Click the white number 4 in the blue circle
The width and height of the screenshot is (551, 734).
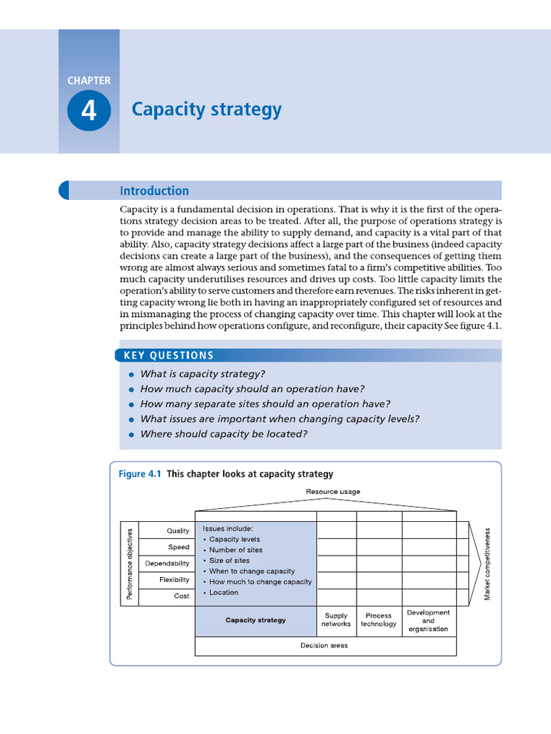89,111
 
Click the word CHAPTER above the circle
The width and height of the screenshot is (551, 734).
89,80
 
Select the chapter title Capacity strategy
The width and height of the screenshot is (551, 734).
207,110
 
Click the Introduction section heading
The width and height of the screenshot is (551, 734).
154,191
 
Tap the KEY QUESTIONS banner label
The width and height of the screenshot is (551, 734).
169,356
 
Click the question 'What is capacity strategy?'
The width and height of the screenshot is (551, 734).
202,374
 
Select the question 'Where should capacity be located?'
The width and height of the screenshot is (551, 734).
223,434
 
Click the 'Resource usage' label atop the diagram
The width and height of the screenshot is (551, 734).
333,492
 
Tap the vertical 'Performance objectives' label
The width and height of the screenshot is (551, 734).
130,563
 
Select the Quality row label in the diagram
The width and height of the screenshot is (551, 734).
178,531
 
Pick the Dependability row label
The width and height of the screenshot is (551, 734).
167,563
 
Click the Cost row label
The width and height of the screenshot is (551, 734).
182,596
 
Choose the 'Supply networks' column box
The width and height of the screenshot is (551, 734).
336,620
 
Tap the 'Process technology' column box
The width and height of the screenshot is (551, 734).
379,620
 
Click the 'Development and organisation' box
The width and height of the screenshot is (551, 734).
428,621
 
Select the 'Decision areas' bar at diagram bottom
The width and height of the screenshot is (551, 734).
324,645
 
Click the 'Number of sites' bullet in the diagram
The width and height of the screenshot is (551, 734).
235,550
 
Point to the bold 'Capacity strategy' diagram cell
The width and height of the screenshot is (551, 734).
255,620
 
